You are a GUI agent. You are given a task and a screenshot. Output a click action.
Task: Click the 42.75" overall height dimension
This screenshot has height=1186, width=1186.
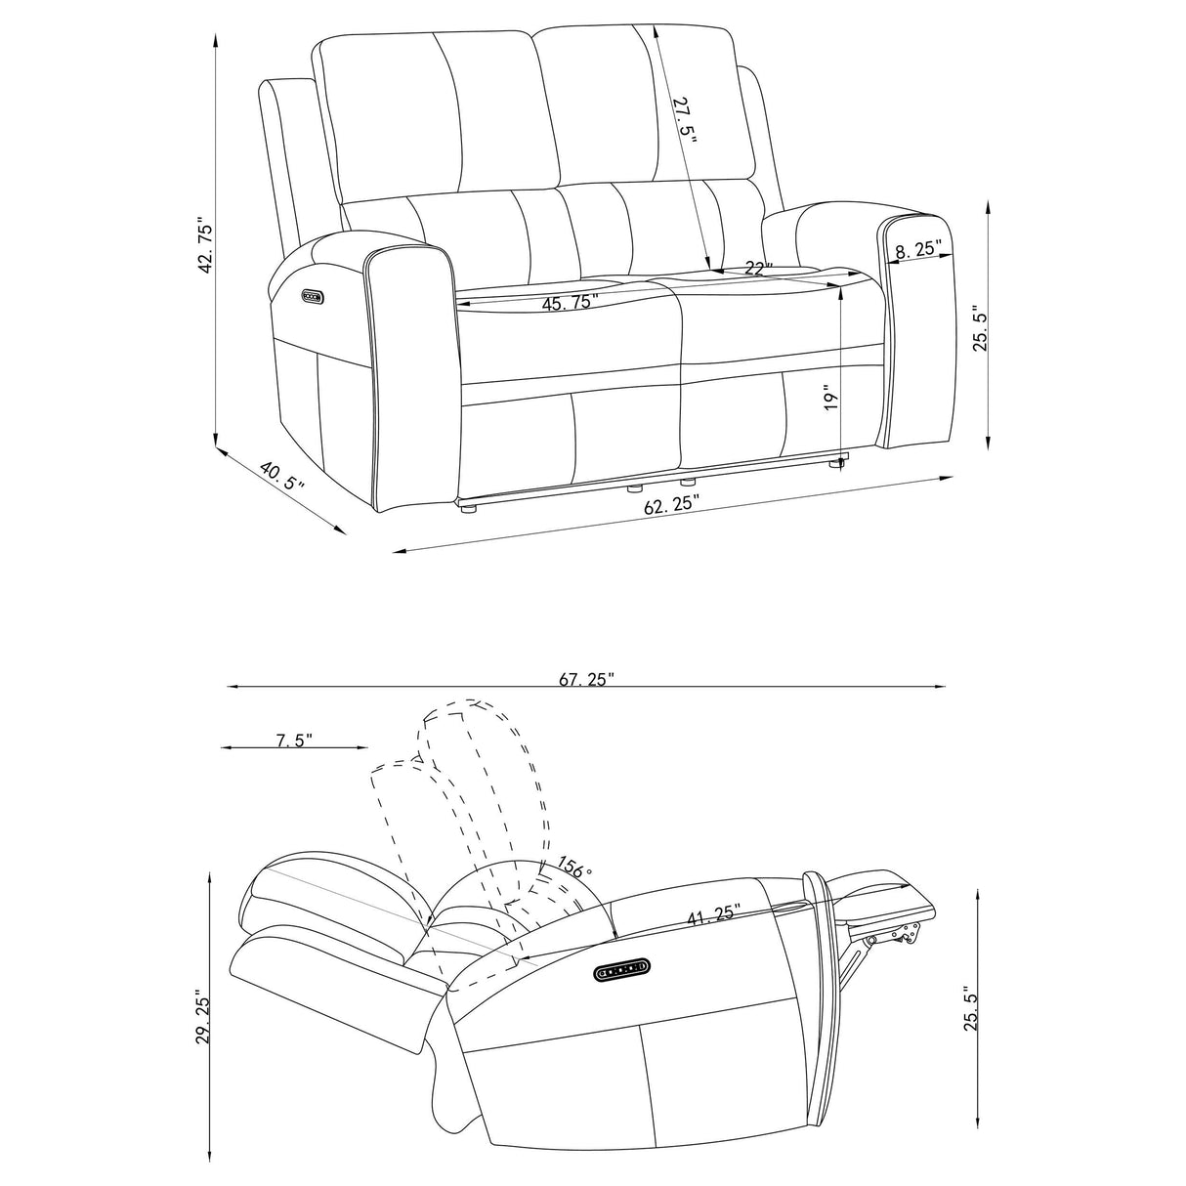tap(205, 246)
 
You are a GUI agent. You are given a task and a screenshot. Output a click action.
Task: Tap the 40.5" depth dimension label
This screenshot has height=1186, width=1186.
tap(282, 478)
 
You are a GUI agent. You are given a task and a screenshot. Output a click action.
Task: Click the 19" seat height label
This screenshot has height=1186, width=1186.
tap(830, 397)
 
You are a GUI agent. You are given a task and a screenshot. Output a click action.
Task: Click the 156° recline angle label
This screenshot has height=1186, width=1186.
tap(575, 867)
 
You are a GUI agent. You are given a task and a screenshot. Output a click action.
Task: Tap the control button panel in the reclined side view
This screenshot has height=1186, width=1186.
tap(621, 967)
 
